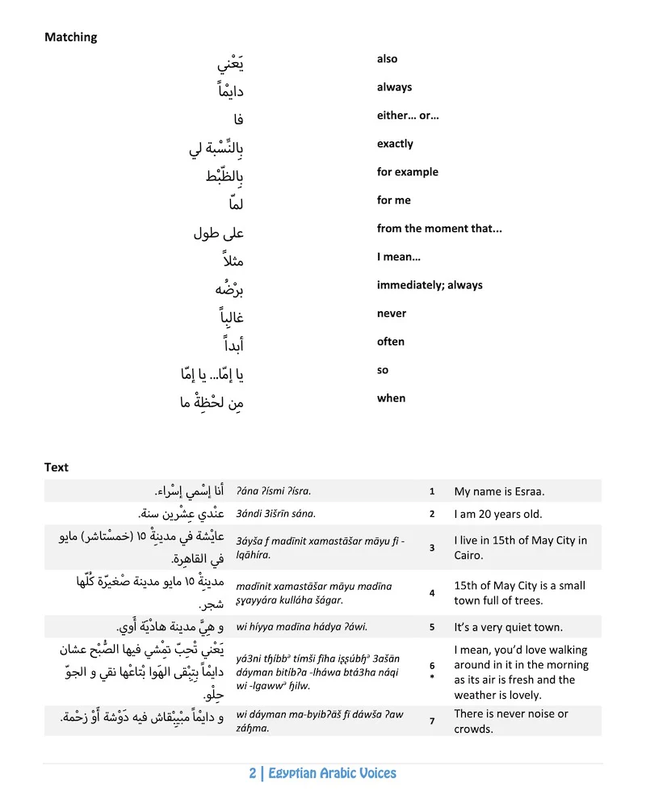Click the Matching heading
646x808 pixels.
point(70,37)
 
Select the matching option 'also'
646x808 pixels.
point(387,59)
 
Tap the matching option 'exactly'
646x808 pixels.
point(395,144)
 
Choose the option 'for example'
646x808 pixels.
point(407,172)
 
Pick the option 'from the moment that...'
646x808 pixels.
point(439,229)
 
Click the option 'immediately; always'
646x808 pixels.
point(429,285)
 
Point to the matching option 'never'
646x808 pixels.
point(391,314)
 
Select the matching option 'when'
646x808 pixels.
point(391,398)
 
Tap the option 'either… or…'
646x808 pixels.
point(408,116)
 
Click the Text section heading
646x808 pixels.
point(57,467)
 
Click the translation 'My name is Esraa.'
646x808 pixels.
point(499,491)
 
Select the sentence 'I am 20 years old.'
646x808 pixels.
point(498,514)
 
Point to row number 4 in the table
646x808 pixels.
point(432,593)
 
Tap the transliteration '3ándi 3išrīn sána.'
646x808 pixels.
point(275,514)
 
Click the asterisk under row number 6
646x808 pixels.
point(432,678)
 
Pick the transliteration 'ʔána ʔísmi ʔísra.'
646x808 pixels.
point(274,491)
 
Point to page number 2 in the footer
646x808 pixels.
point(253,773)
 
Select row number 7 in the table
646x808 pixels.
point(432,721)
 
